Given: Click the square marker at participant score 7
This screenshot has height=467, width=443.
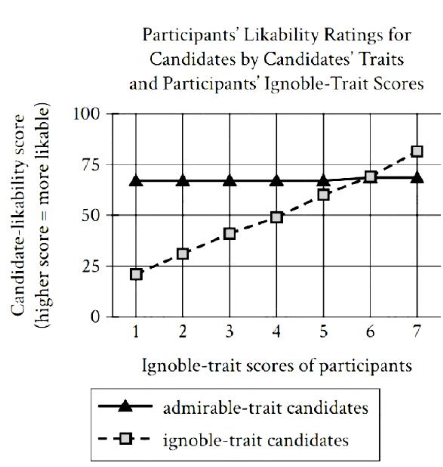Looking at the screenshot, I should click(x=417, y=151).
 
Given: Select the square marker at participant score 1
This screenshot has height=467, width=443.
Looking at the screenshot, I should click(x=136, y=274).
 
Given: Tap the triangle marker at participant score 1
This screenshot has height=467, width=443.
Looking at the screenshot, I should click(x=136, y=181).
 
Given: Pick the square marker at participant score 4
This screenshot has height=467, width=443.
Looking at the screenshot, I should click(x=277, y=217).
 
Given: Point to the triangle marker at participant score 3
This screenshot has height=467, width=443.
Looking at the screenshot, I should click(x=230, y=181).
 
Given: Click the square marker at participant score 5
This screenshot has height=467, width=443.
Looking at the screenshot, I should click(x=323, y=195).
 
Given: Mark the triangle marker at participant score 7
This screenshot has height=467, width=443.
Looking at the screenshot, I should click(x=417, y=178).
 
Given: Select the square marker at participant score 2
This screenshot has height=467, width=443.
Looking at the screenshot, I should click(x=183, y=254).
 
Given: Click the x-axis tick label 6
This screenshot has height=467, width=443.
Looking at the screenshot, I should click(x=370, y=332).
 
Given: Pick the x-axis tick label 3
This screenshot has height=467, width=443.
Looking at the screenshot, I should click(x=230, y=332).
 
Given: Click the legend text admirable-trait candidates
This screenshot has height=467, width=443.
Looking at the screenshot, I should click(x=265, y=408).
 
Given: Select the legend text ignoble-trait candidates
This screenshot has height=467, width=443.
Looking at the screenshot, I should click(x=255, y=440).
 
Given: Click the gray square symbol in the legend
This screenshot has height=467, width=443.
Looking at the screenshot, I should click(x=125, y=439).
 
